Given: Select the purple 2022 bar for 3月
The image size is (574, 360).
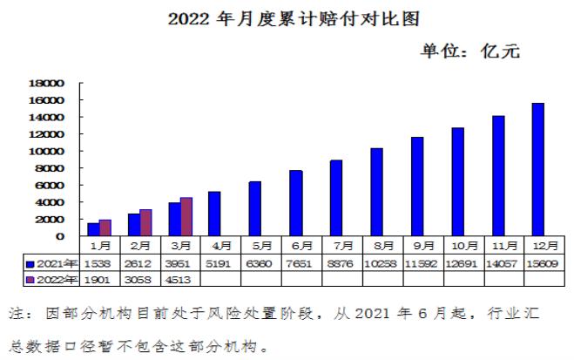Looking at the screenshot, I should [x=186, y=217].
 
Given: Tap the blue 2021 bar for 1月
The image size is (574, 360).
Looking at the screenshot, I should [x=93, y=229].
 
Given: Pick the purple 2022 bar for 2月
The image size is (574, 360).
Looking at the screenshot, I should [x=145, y=222].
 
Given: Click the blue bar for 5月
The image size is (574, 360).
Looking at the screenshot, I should [x=254, y=208].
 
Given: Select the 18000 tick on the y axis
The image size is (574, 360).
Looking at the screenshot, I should [x=48, y=84].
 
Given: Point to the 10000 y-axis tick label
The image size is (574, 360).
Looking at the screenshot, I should [x=48, y=152].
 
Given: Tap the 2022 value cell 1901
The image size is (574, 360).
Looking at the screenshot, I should [x=99, y=279].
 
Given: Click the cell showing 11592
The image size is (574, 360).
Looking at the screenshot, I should [x=417, y=263].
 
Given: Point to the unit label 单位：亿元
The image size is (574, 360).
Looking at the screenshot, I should [x=470, y=51].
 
